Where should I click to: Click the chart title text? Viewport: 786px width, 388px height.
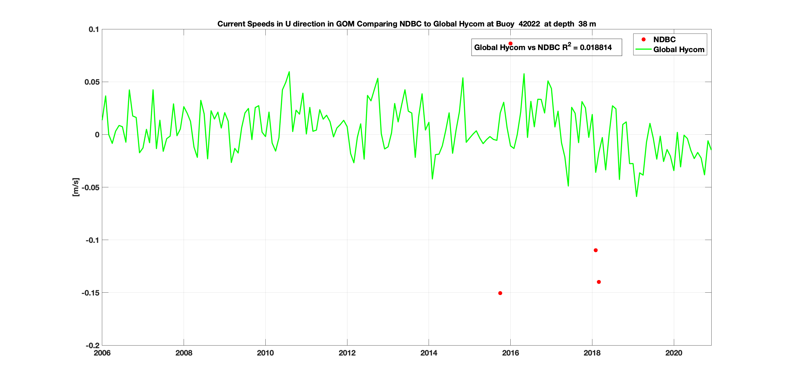[406, 24]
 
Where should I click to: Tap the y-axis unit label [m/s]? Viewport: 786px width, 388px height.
[75, 187]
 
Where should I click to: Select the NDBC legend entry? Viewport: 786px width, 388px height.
[664, 40]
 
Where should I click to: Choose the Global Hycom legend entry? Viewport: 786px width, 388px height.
[678, 50]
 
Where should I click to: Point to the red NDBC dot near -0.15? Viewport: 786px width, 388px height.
[500, 293]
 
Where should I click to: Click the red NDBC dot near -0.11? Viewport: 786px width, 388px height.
[596, 250]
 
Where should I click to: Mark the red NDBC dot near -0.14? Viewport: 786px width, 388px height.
[599, 282]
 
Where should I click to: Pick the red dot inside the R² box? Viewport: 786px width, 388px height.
[510, 43]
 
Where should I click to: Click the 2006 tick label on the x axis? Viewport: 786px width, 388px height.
[102, 353]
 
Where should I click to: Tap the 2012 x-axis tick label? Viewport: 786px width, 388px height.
[347, 353]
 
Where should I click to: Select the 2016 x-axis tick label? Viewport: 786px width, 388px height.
[510, 353]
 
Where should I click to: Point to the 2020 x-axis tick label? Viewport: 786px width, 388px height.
[673, 353]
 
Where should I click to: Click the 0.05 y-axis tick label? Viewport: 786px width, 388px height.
[92, 82]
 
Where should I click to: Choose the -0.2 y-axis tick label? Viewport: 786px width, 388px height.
[92, 346]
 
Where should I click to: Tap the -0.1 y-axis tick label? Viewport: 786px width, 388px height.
[92, 240]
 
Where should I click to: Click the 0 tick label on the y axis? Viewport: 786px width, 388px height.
[97, 134]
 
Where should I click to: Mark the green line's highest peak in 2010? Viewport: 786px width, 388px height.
[289, 72]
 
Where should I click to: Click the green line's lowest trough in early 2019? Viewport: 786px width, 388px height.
[636, 196]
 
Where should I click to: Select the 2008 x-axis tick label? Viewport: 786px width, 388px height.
[184, 353]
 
